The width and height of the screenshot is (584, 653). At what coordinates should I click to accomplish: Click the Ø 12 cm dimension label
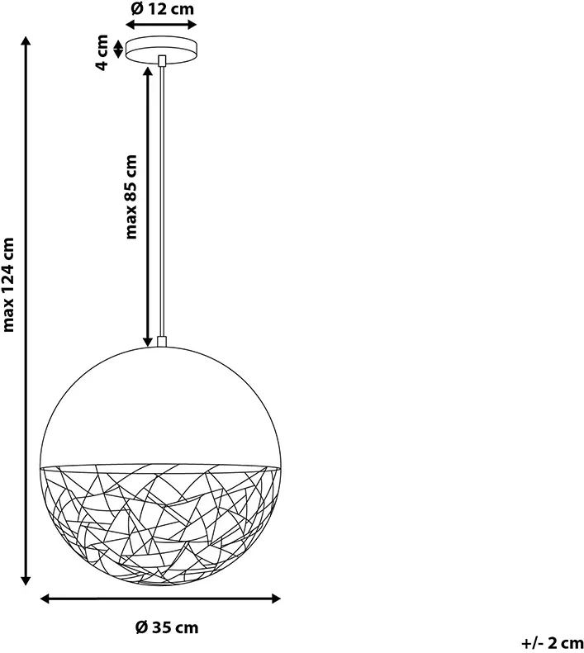163,9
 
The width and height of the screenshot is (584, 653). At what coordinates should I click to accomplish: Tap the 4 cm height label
102,53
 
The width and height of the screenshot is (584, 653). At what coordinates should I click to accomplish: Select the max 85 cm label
131,196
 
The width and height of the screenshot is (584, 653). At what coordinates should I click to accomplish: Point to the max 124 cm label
8,285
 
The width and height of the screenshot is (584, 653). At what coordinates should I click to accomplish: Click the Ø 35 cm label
167,627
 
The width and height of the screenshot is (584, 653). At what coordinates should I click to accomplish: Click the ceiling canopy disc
162,50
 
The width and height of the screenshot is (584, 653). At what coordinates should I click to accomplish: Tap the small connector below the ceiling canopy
162,60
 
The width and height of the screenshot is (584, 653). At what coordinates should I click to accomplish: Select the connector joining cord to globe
162,342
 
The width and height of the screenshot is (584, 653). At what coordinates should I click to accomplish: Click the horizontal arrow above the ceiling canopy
161,25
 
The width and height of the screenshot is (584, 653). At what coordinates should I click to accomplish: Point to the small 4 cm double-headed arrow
118,49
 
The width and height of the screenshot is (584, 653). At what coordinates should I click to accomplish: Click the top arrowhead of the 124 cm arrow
26,41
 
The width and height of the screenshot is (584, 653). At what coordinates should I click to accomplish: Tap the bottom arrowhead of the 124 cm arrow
26,580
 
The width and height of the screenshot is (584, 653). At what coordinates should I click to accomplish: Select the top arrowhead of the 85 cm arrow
148,71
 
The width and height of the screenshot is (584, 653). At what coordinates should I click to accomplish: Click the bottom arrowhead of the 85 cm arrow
148,342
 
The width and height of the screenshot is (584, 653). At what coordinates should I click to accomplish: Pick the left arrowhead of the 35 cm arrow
45,599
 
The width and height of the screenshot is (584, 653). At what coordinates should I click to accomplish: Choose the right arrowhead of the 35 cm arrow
275,599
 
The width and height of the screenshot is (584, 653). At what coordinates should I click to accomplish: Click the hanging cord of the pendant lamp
162,201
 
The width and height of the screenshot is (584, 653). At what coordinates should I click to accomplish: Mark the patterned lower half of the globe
160,525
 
